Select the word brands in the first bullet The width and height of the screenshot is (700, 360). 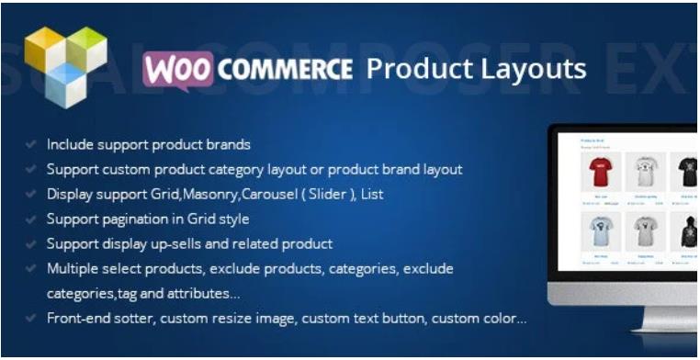pyautogui.click(x=226, y=145)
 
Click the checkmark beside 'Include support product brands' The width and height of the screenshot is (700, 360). pyautogui.click(x=30, y=145)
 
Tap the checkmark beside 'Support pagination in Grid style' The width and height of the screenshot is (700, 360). pyautogui.click(x=30, y=219)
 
